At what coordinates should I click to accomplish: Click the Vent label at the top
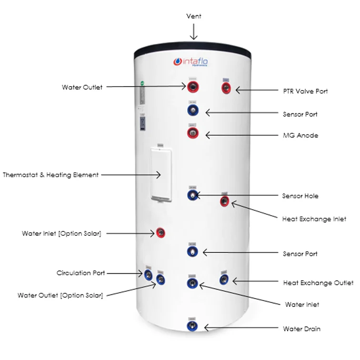click(x=193, y=16)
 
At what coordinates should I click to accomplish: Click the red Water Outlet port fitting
click(x=192, y=87)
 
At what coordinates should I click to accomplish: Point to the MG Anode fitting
click(x=192, y=133)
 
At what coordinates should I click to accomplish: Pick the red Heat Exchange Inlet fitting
click(x=225, y=202)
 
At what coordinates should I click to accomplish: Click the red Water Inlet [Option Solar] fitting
click(x=161, y=233)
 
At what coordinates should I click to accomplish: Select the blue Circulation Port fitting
click(x=149, y=274)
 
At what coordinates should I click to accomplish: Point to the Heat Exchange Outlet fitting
click(x=224, y=280)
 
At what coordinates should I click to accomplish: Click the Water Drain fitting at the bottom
click(x=192, y=326)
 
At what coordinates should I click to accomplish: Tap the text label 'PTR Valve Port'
click(x=305, y=91)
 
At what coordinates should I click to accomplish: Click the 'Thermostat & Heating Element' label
click(x=51, y=175)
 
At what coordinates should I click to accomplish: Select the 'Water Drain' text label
click(x=301, y=329)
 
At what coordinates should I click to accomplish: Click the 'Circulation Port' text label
click(x=80, y=273)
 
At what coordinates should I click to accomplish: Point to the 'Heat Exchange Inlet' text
click(x=314, y=219)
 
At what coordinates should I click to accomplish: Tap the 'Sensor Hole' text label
click(x=300, y=196)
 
